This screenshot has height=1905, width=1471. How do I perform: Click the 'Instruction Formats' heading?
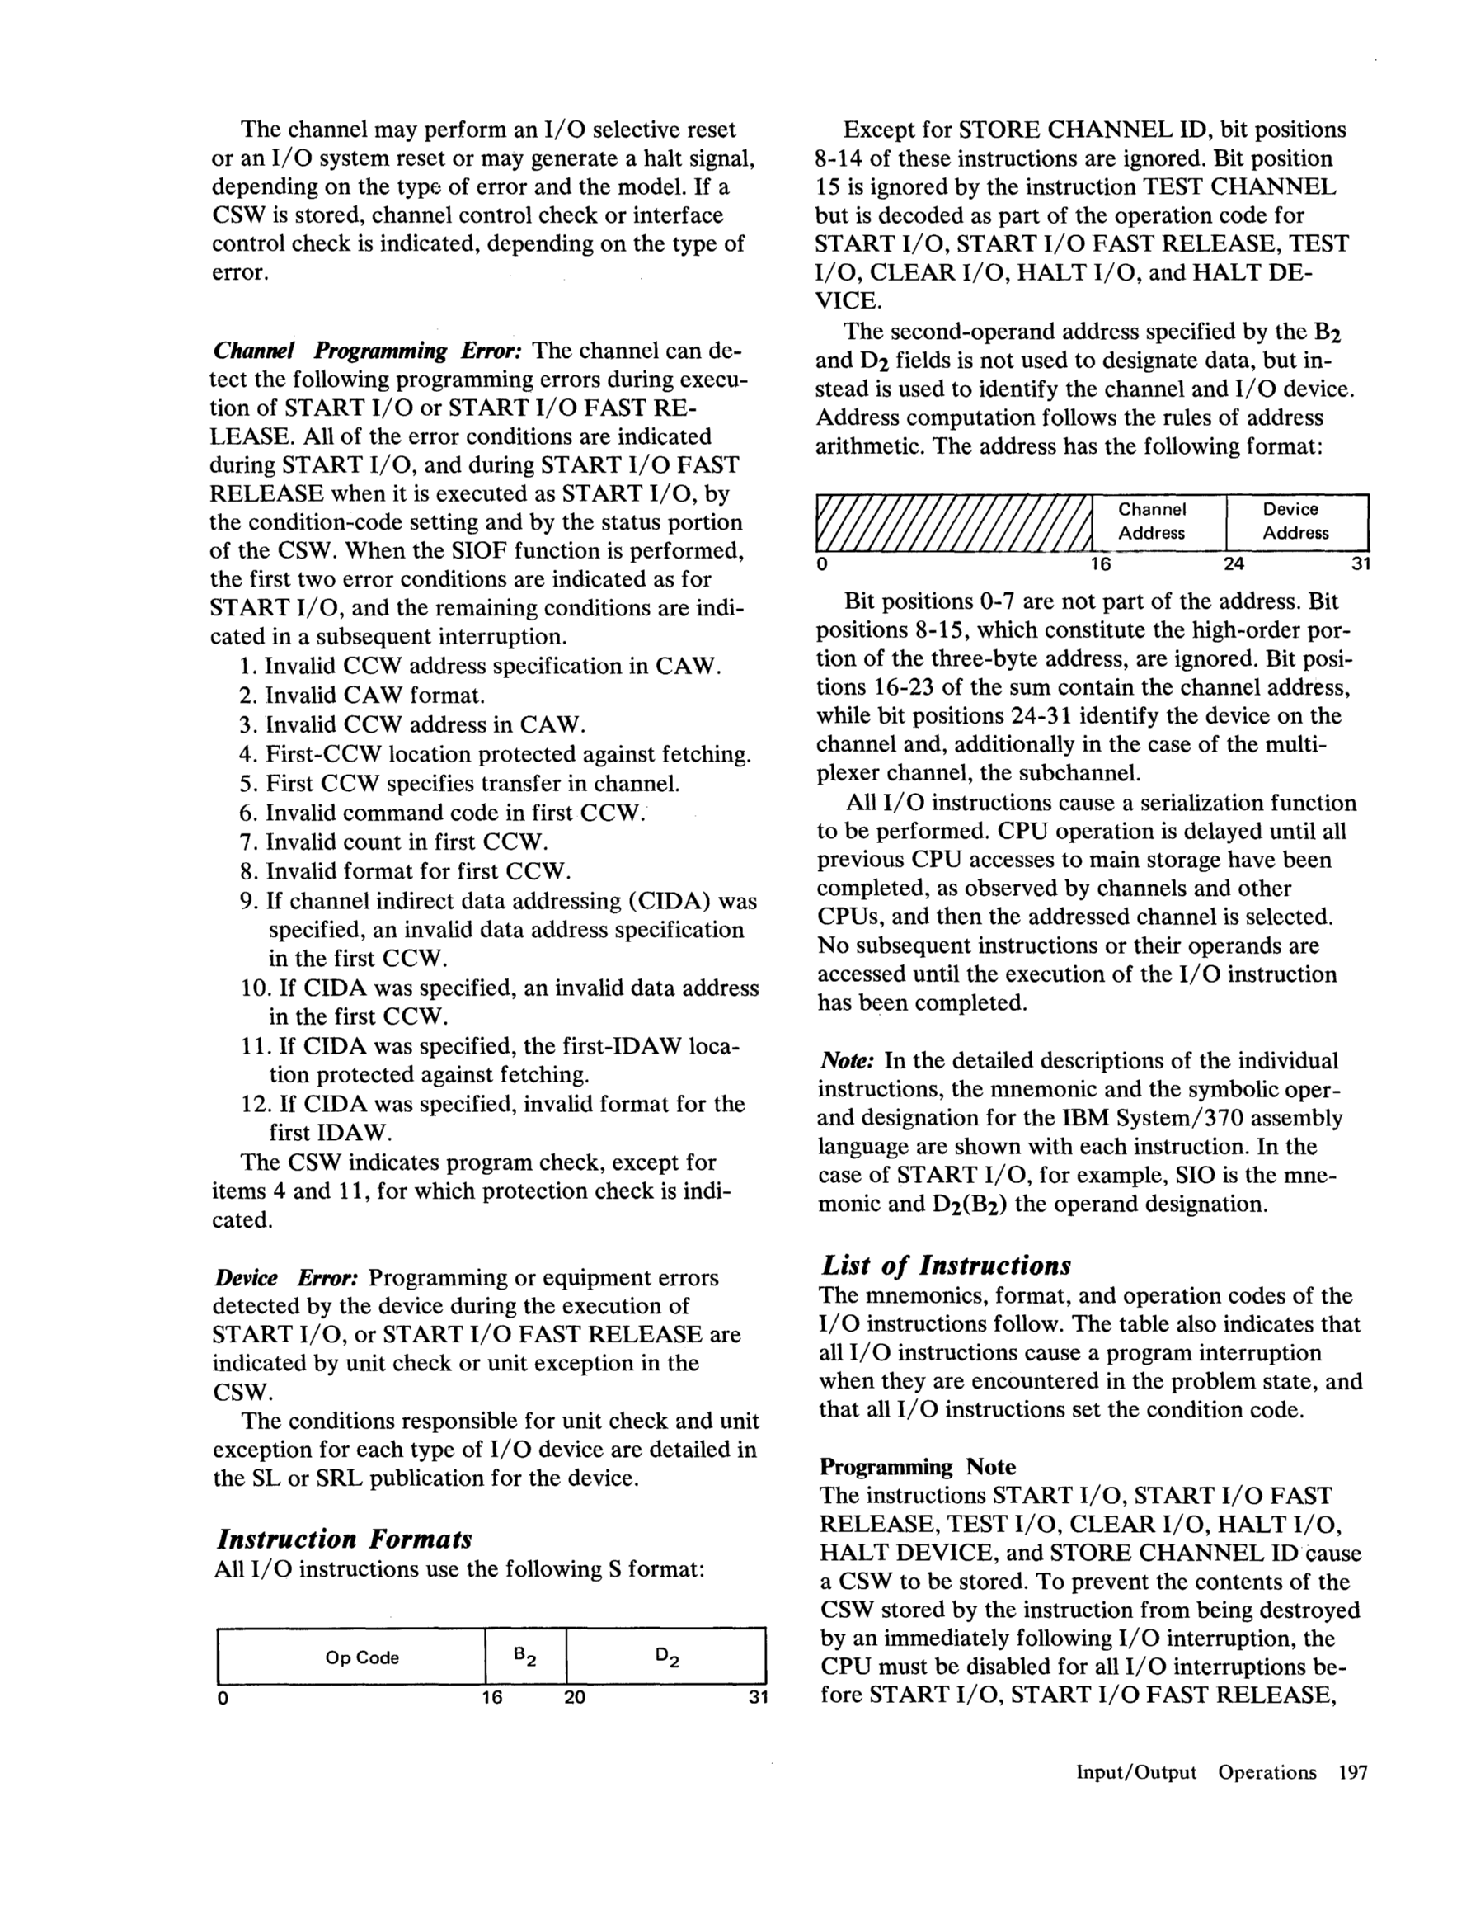coord(343,1538)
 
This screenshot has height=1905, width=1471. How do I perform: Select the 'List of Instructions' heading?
coord(946,1265)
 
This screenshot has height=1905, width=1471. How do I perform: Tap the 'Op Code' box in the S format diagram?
coord(362,1657)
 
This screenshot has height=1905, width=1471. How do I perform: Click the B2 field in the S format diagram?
coord(525,1657)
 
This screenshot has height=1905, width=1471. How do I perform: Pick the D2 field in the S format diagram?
coord(666,1657)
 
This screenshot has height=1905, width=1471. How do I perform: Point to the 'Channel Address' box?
coord(1152,521)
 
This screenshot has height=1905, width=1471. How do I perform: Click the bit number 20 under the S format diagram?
coord(575,1696)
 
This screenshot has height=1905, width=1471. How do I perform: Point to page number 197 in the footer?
coord(1352,1771)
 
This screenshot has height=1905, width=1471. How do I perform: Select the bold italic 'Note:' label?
coord(846,1061)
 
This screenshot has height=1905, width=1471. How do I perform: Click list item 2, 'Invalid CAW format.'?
coord(375,696)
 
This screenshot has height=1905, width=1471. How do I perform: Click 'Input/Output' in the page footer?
coord(1136,1771)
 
